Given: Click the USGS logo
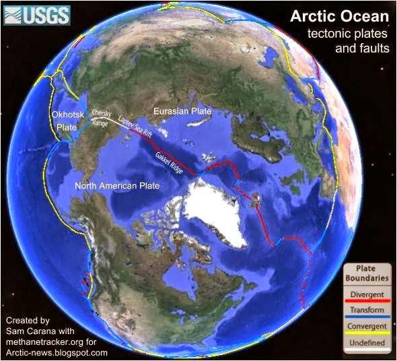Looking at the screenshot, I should pos(36,14).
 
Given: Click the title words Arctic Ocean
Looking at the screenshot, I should pos(340,15).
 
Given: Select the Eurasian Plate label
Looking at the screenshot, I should pos(182,111).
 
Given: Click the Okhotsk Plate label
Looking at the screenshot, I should pos(69,122).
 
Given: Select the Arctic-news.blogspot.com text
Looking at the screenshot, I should pos(55,352).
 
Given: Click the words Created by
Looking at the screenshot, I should pos(26,319).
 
